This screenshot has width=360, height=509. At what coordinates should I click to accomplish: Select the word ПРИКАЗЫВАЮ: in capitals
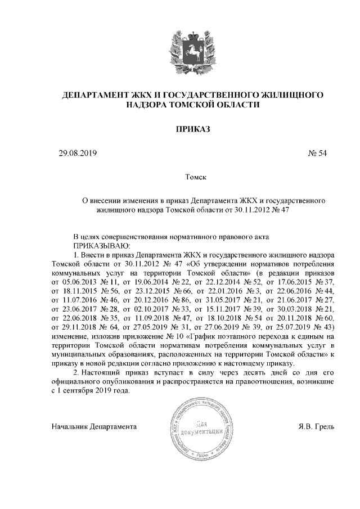(101, 246)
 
